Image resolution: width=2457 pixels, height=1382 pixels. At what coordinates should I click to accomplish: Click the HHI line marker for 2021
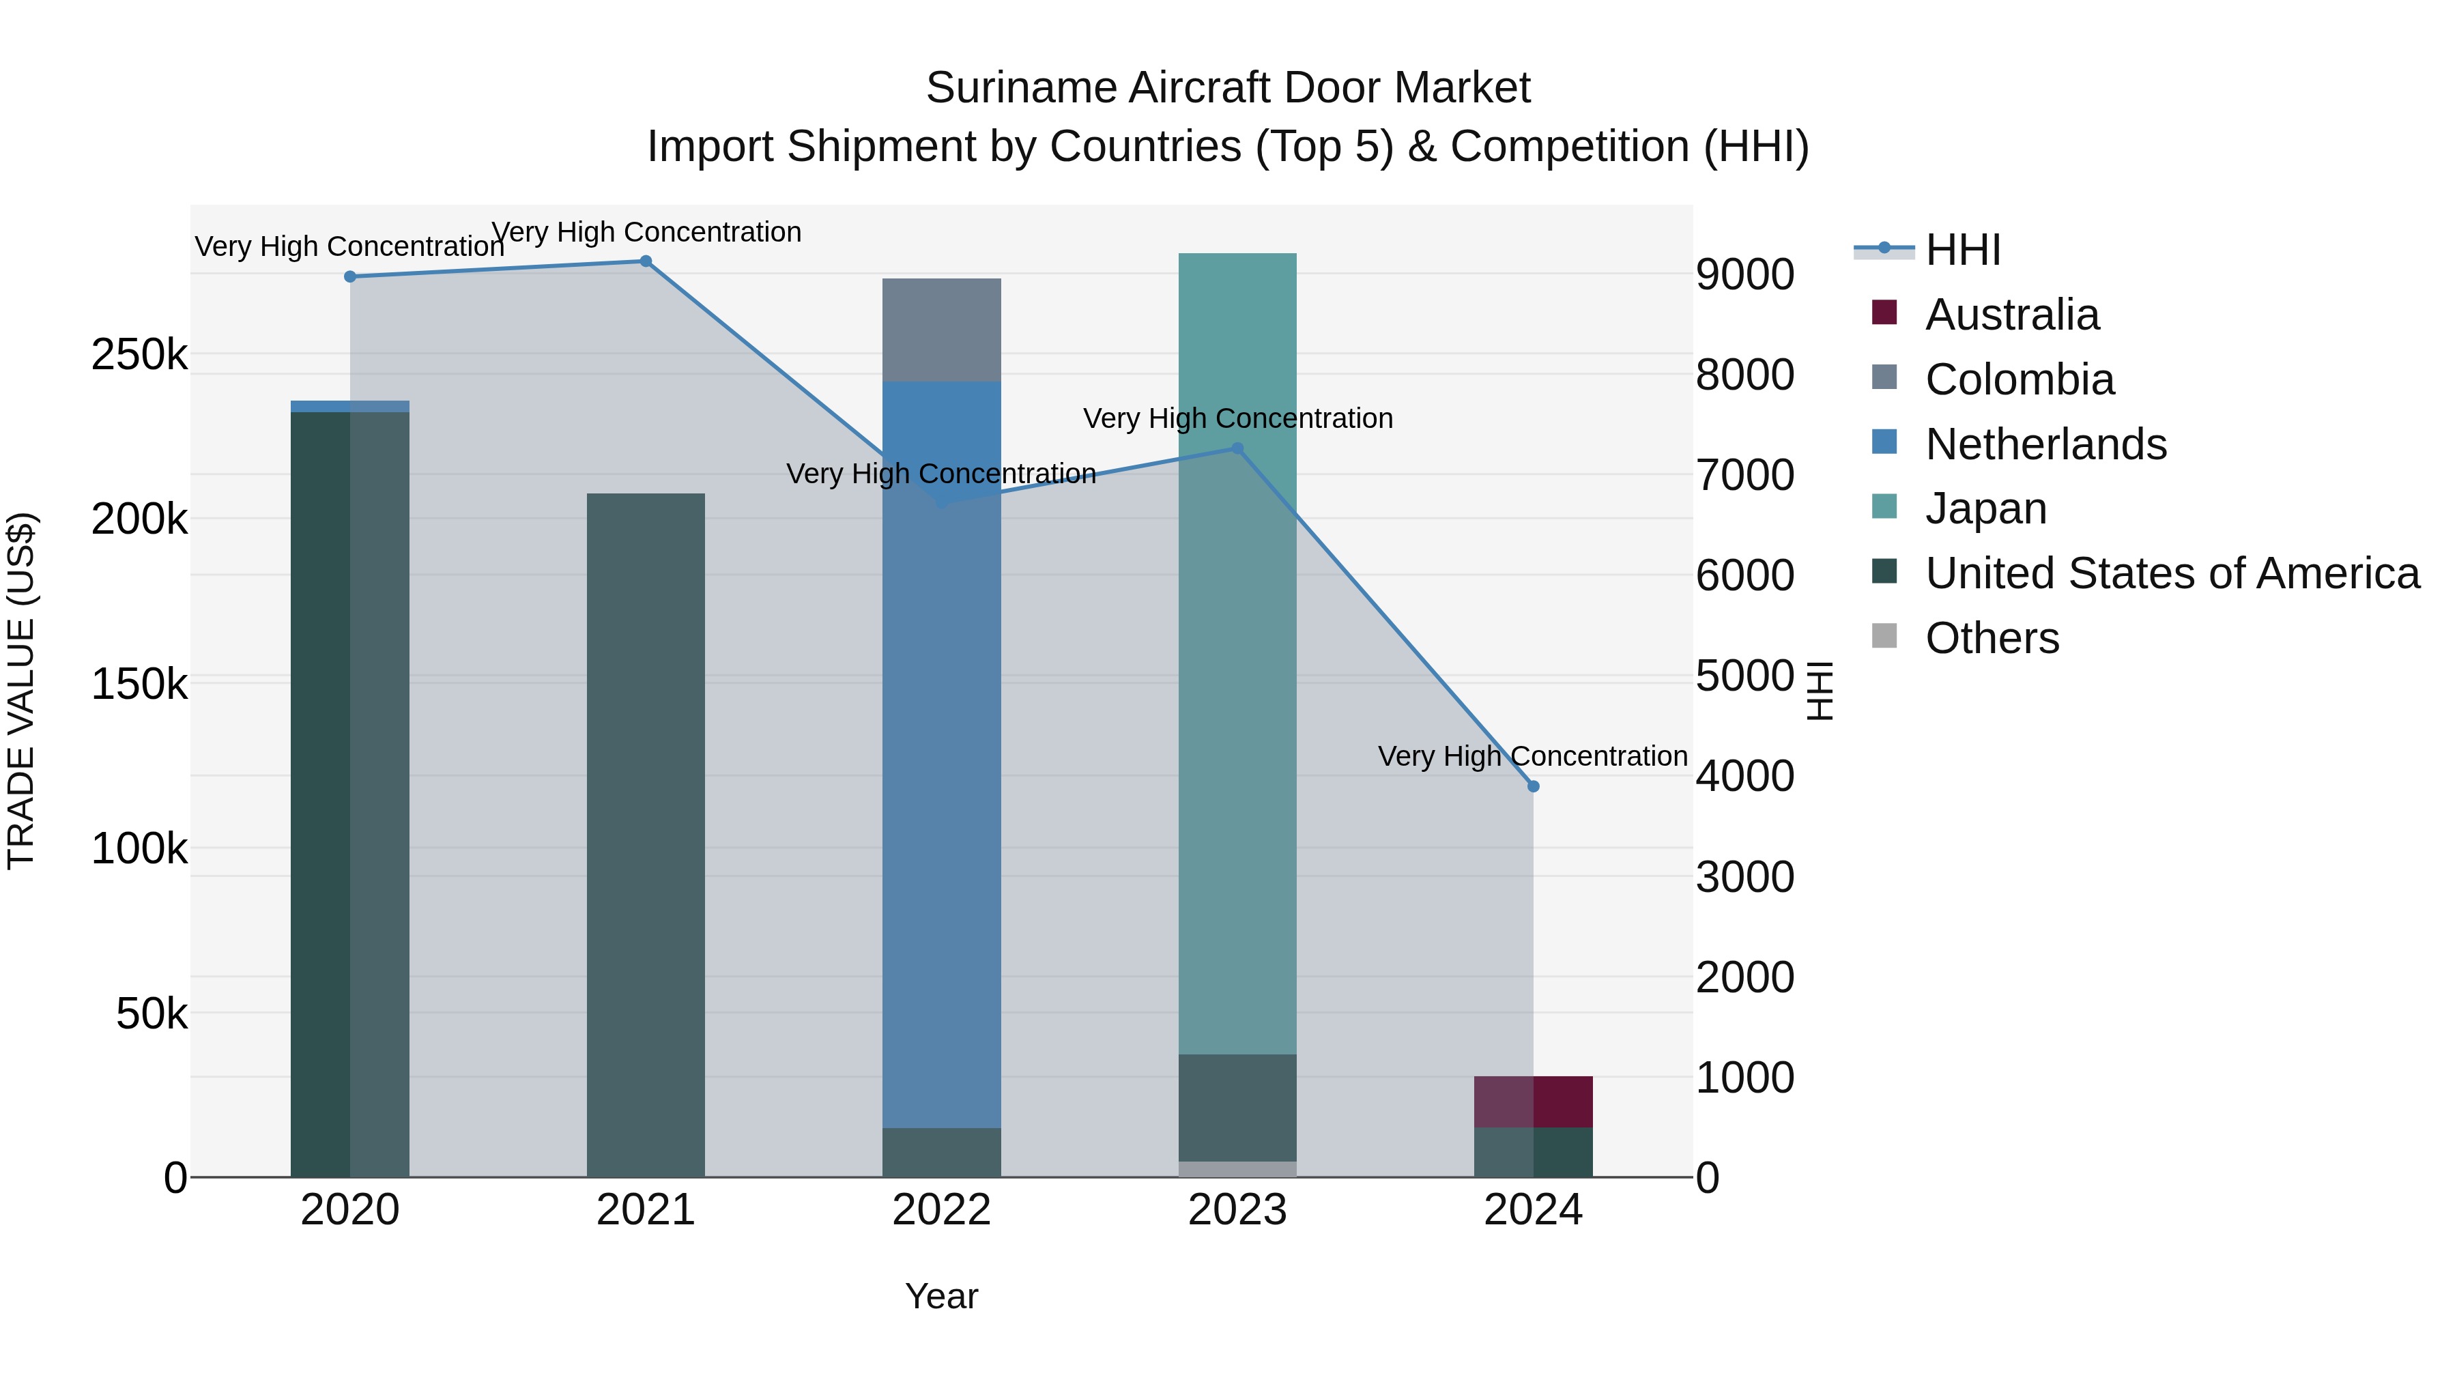[646, 261]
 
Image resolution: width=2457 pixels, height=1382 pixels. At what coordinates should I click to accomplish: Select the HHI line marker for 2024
[1533, 787]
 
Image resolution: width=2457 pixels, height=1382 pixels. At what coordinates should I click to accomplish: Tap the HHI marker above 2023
[1237, 448]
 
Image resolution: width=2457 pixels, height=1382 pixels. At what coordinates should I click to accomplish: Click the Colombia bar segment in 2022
[941, 330]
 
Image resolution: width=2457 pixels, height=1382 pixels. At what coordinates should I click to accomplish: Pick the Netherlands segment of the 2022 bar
[941, 753]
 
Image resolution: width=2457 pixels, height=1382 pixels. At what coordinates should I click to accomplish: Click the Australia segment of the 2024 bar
[1533, 1102]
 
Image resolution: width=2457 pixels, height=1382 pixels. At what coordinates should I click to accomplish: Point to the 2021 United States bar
[646, 835]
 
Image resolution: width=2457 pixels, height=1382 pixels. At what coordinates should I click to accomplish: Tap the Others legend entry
[1992, 638]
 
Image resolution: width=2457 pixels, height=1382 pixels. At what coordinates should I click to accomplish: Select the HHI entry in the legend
[1962, 250]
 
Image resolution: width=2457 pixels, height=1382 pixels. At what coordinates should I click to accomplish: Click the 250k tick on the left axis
[139, 355]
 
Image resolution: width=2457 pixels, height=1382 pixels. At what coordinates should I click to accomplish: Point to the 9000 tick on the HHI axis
[1744, 274]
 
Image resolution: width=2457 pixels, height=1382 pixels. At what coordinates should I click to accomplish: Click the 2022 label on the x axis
[941, 1210]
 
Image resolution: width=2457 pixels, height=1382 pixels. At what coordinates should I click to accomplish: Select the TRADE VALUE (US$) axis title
[21, 691]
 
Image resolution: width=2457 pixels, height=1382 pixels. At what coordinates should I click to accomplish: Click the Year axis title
[941, 1296]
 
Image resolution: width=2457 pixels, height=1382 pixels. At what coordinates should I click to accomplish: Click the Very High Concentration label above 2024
[1533, 756]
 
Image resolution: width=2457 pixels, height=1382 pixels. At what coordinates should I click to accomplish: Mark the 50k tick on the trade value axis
[152, 1014]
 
